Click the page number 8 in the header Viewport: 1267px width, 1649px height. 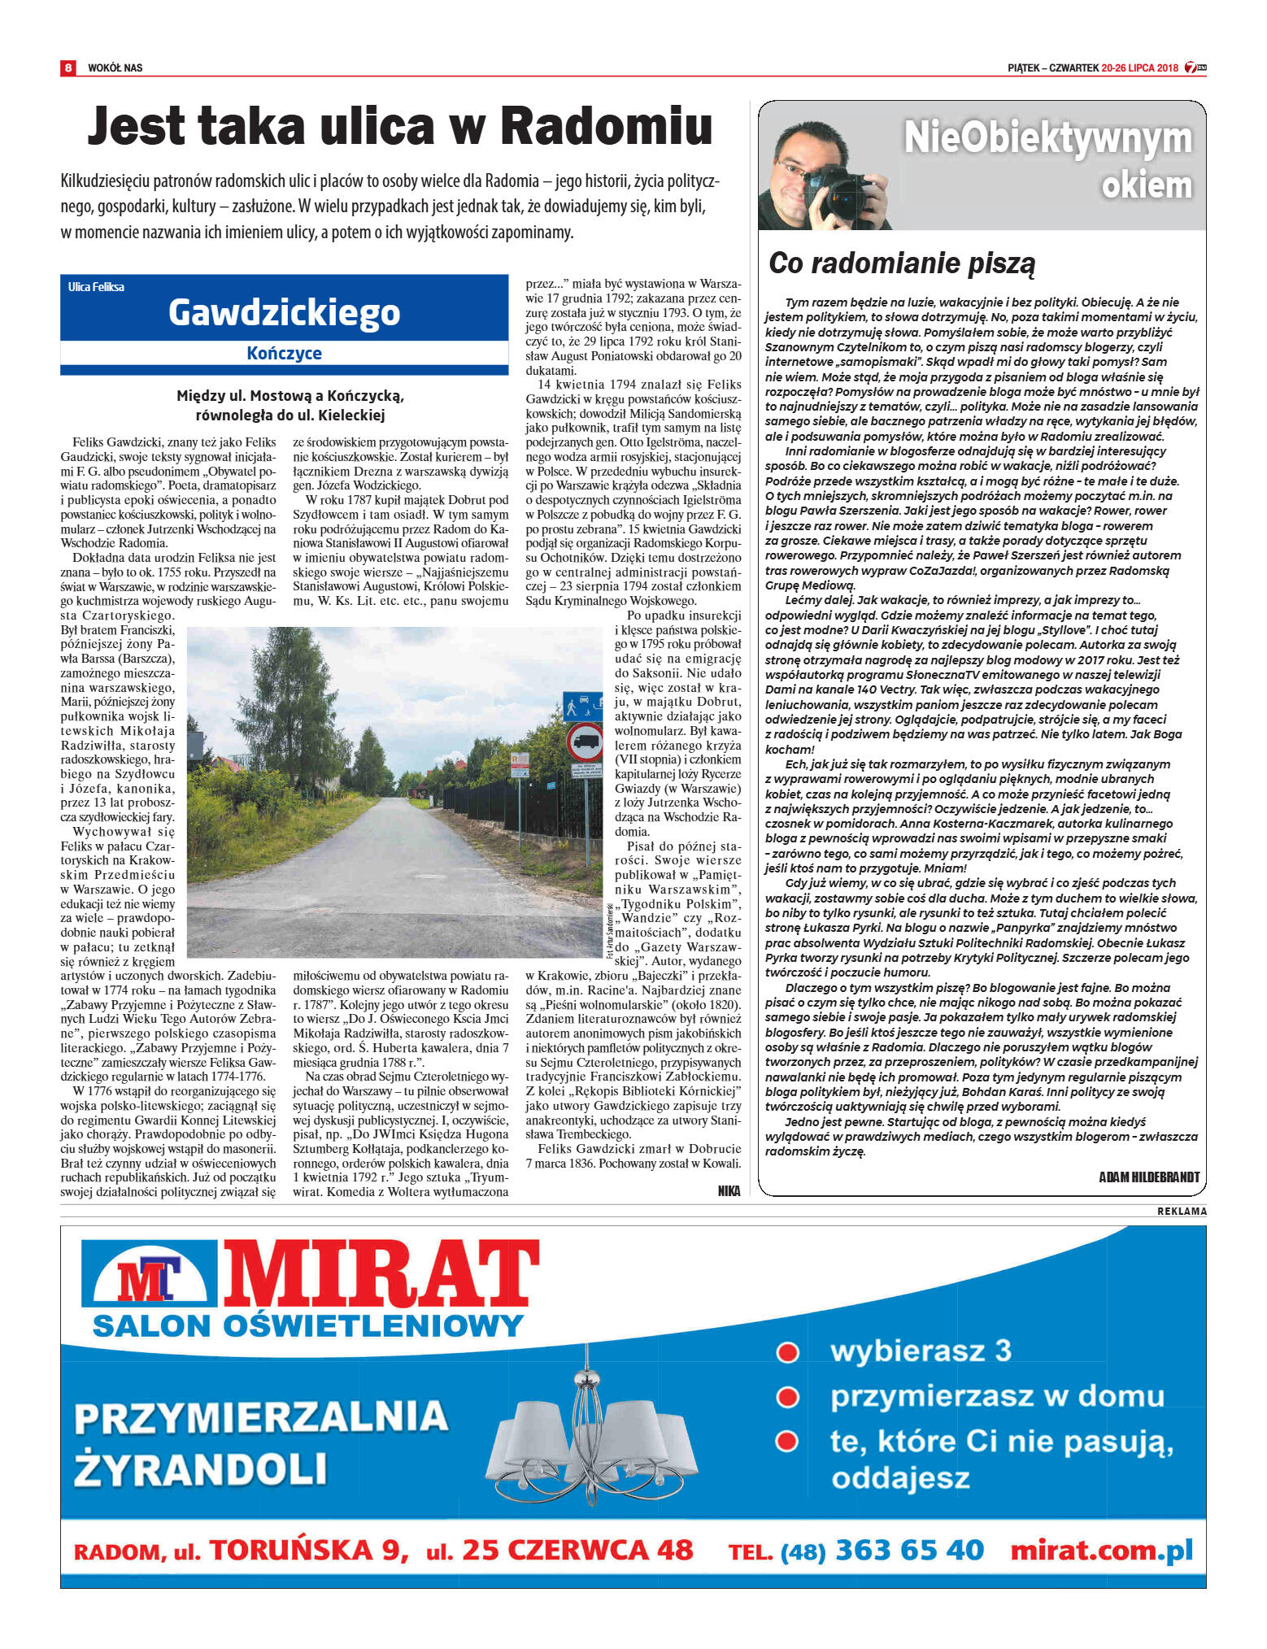tap(68, 67)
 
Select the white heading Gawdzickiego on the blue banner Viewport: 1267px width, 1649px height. tap(284, 312)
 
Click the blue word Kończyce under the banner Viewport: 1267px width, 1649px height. tap(284, 353)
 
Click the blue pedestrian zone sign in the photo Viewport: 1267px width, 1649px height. tap(582, 705)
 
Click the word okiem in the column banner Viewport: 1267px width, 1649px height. tap(1146, 185)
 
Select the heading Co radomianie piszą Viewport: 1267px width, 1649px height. tap(902, 263)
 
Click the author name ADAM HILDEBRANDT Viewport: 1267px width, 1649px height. tap(1148, 1177)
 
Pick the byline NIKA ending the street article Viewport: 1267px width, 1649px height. tap(729, 1190)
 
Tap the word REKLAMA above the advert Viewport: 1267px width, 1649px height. tap(1182, 1212)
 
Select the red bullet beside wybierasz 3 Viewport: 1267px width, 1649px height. tap(787, 1352)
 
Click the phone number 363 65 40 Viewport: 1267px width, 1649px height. tap(909, 1550)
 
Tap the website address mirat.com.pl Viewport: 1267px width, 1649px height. tap(1101, 1550)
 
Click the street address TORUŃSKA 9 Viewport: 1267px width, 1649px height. tap(309, 1550)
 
